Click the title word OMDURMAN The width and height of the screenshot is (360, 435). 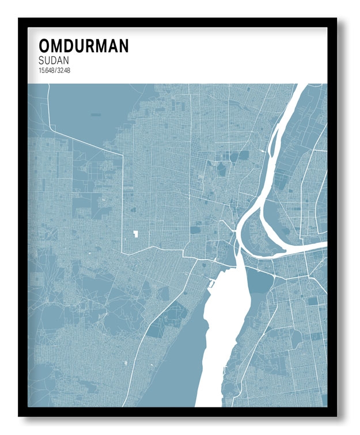(x=84, y=46)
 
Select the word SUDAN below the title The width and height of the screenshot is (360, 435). (x=54, y=60)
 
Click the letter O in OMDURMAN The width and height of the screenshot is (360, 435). (x=44, y=46)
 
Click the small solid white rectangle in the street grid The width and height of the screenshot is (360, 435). (x=137, y=234)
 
